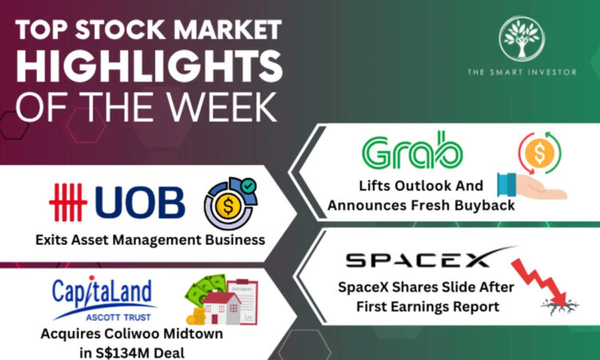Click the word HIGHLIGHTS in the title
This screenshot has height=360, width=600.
(x=150, y=66)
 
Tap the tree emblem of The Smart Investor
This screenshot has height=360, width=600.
(x=522, y=38)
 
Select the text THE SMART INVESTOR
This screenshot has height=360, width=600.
(x=522, y=71)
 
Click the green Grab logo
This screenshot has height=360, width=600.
(x=412, y=150)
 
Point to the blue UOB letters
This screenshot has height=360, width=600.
(x=140, y=202)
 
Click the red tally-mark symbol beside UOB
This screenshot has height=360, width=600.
(x=68, y=202)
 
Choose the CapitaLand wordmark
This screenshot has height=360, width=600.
(x=102, y=293)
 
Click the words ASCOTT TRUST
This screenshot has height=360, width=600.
(x=118, y=318)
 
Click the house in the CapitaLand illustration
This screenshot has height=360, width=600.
(x=222, y=308)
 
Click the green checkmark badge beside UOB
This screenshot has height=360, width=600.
(x=248, y=186)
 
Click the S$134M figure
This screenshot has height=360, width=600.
(x=120, y=353)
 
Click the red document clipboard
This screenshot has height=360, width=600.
(x=242, y=302)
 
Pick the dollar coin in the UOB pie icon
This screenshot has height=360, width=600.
(x=228, y=206)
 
